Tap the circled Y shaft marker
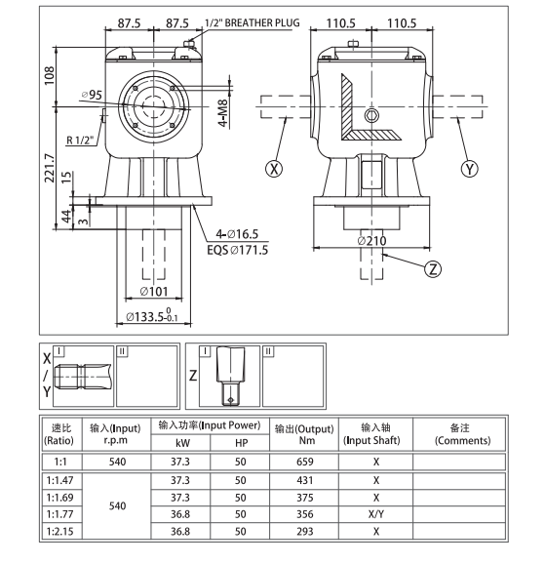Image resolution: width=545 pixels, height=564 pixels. tap(472, 168)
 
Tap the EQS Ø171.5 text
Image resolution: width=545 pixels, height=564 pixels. tap(238, 251)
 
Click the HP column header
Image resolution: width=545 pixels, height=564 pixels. tap(241, 441)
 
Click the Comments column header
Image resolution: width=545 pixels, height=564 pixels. tap(460, 433)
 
